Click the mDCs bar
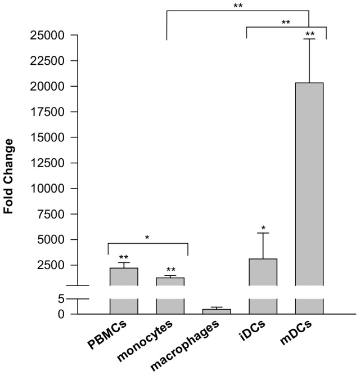tap(309, 197)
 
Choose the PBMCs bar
tap(124, 290)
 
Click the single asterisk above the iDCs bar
tap(263, 228)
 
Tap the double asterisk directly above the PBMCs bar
tap(124, 257)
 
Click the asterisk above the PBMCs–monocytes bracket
tap(147, 238)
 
